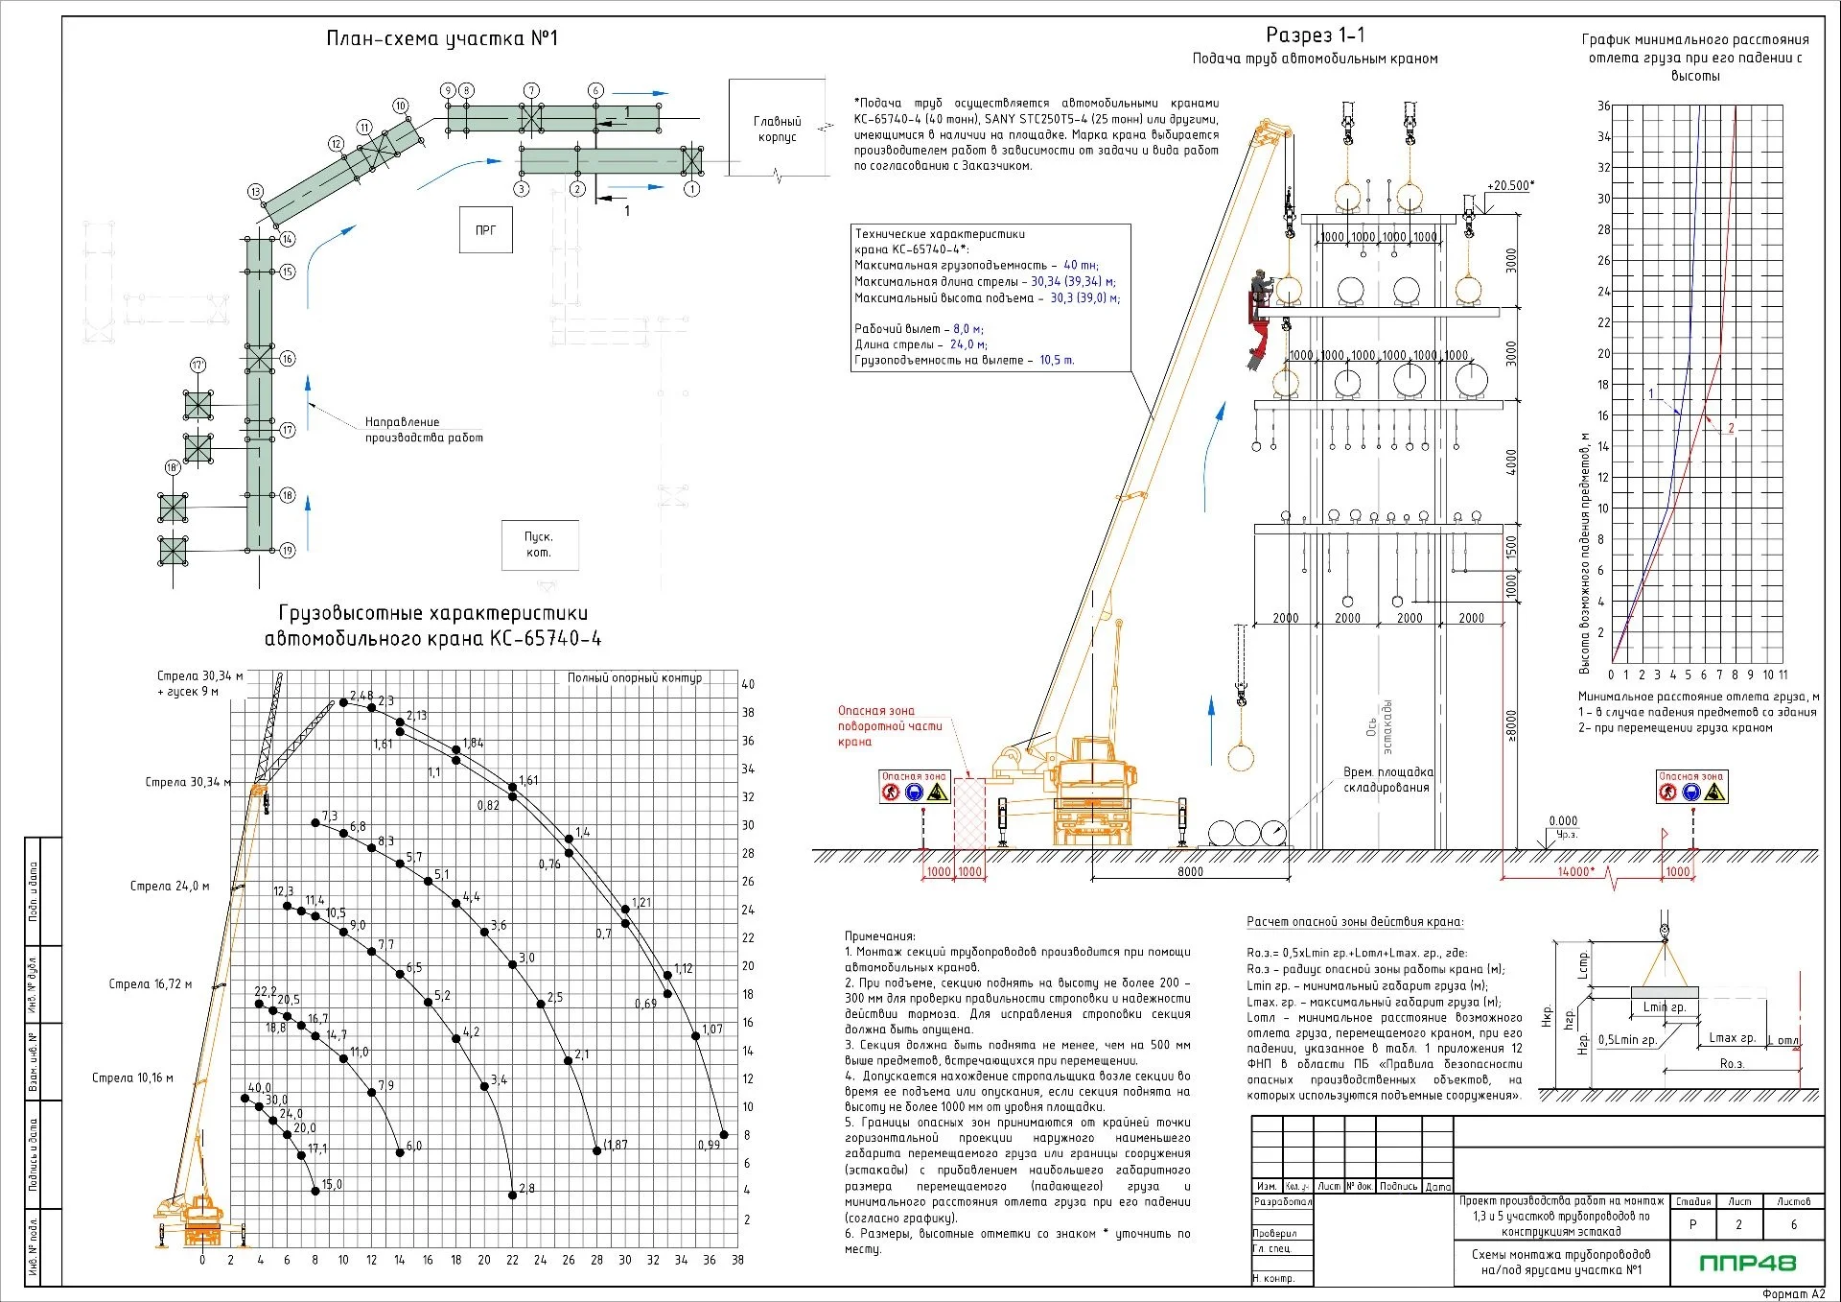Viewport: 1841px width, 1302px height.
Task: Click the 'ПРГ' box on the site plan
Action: pos(485,230)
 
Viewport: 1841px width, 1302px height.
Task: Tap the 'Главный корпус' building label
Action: pos(777,129)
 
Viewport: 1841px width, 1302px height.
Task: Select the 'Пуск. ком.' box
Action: pos(539,545)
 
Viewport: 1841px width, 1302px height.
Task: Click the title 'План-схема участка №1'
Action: pos(442,38)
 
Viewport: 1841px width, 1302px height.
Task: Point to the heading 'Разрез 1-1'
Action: pos(1315,36)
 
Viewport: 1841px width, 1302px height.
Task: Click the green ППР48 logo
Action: pos(1747,1263)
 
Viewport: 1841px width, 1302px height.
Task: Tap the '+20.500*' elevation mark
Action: pos(1510,186)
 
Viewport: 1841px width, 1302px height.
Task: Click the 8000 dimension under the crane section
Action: pos(1190,872)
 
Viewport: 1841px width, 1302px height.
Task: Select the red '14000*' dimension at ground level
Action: pos(1576,872)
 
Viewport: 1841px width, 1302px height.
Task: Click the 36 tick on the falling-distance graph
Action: pos(1603,107)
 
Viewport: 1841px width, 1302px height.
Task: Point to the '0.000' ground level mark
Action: pos(1563,821)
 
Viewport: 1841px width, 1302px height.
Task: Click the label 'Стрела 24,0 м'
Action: pos(170,887)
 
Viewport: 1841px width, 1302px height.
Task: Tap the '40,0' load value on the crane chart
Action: pos(259,1089)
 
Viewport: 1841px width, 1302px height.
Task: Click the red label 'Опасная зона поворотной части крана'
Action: pos(889,726)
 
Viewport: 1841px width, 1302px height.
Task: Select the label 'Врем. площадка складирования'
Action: pos(1387,780)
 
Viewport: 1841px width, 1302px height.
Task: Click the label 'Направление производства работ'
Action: pos(423,430)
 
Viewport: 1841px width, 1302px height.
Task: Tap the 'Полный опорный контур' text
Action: pos(634,678)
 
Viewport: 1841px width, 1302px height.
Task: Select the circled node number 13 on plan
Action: pos(255,192)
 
